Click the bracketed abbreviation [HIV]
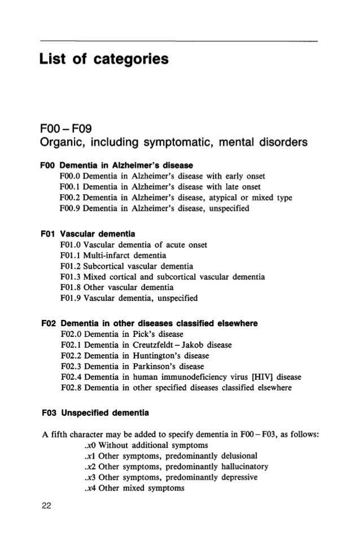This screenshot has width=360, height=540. pos(244,377)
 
